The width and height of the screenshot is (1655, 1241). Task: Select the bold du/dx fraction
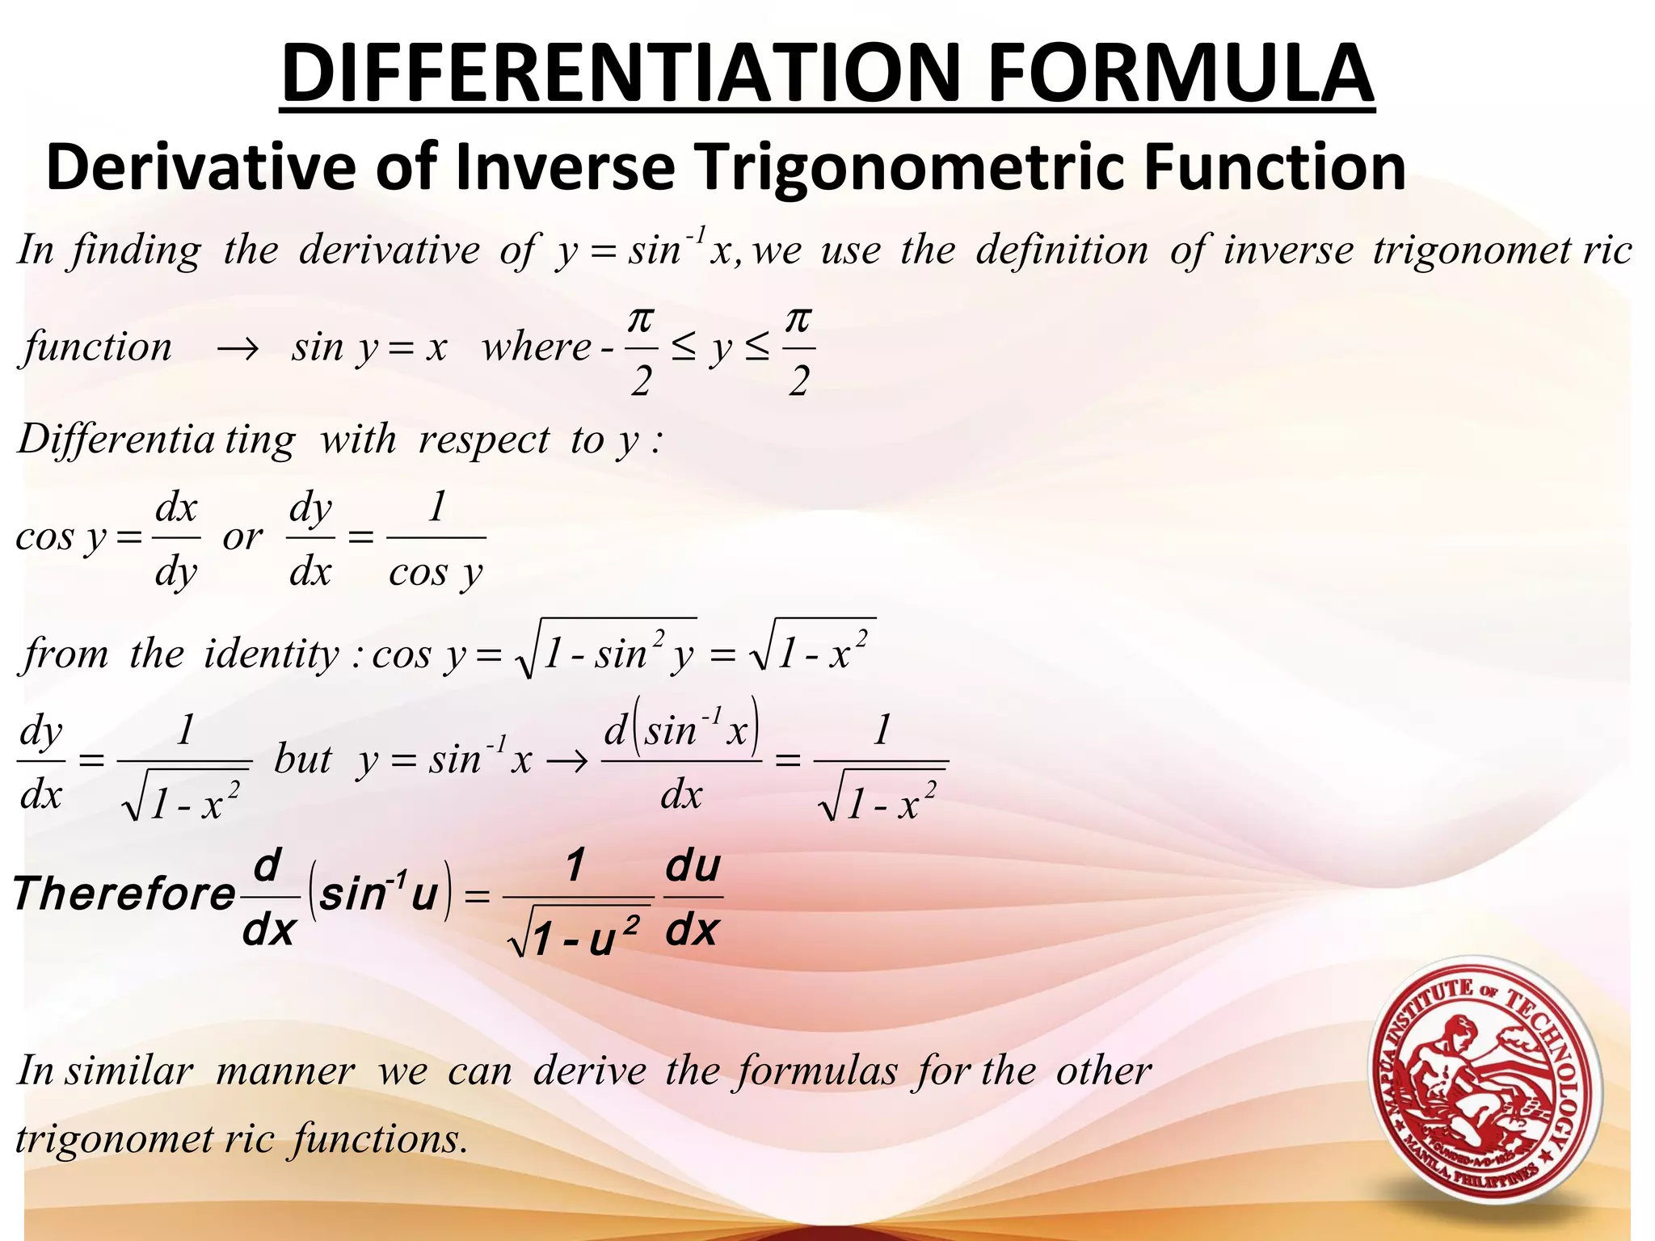click(x=693, y=898)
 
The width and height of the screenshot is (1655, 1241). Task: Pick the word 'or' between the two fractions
click(x=242, y=537)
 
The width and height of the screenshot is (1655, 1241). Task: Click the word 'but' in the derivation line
click(x=303, y=759)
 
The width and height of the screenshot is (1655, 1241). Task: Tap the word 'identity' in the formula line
click(x=272, y=654)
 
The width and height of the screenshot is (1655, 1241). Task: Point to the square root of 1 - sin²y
click(x=606, y=650)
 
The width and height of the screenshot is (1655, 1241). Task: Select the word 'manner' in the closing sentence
click(x=285, y=1072)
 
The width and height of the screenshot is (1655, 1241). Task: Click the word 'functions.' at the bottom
click(x=380, y=1140)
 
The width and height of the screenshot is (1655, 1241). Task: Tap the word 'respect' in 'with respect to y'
click(x=483, y=441)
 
